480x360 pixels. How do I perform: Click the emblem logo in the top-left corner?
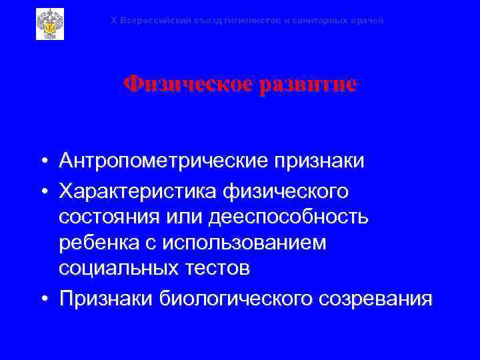(x=49, y=24)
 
